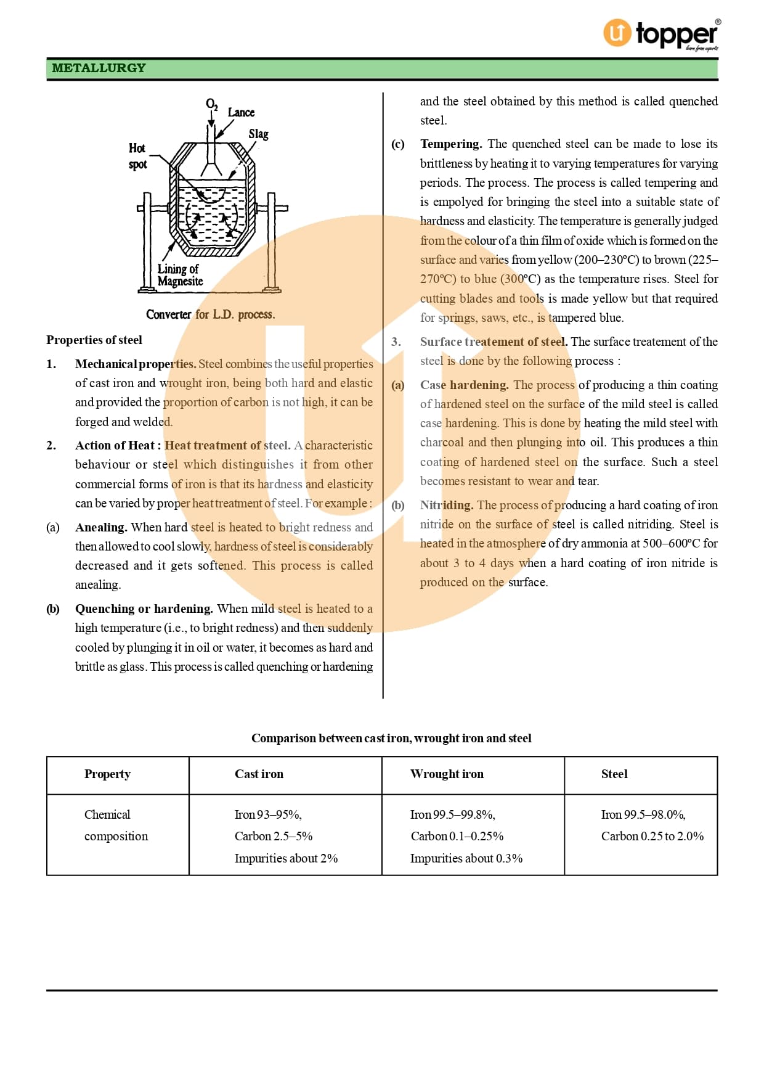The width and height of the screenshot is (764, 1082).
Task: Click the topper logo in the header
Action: point(660,34)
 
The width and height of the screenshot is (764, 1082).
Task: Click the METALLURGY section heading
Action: point(99,68)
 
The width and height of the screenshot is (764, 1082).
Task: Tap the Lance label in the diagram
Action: point(241,112)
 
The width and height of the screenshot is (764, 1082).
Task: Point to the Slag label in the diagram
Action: point(258,134)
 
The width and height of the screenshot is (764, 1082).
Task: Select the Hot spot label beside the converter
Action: point(137,156)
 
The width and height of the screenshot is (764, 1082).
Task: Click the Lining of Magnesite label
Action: point(180,275)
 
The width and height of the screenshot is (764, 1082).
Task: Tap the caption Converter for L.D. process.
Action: point(210,314)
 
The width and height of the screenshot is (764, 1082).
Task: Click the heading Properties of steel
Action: point(94,340)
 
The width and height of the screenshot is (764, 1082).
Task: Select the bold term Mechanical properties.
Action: point(136,364)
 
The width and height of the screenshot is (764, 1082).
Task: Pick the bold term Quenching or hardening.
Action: point(144,609)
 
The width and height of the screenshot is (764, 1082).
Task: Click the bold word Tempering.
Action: point(451,144)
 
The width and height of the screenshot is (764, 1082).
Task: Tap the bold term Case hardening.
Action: point(465,385)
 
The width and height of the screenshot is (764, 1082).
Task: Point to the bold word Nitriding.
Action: point(447,505)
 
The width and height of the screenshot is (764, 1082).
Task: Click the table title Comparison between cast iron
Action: point(391,738)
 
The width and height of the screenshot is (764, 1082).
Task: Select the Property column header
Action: point(107,774)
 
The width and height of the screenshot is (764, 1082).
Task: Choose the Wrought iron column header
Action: point(447,774)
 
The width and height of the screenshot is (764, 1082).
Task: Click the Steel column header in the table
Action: point(614,774)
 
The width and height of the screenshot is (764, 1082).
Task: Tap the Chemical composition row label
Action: point(116,825)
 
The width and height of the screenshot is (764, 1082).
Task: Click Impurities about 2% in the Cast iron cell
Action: point(286,858)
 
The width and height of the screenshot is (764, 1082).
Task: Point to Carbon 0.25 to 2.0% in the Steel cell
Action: point(652,836)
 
